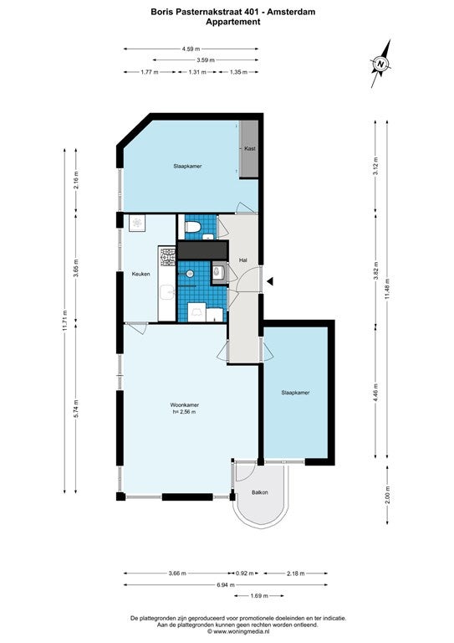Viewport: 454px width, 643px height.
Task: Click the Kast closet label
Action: click(250, 148)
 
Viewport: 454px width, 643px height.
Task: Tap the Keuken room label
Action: click(140, 274)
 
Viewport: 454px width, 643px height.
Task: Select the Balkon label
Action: click(260, 492)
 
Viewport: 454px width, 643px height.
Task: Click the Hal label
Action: click(243, 260)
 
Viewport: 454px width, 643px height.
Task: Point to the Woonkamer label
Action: click(185, 405)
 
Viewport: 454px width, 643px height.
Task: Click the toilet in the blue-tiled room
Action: click(192, 226)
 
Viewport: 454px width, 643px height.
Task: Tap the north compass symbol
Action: click(381, 64)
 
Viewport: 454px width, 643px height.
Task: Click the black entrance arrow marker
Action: click(270, 281)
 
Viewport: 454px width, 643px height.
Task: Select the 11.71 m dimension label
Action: click(64, 321)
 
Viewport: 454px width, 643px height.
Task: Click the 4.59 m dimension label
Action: click(191, 49)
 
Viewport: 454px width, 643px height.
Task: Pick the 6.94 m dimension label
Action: click(226, 584)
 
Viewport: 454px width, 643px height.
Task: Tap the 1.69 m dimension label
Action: click(258, 596)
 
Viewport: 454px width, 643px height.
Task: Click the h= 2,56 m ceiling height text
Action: click(184, 412)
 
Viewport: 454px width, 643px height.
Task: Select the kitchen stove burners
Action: click(167, 256)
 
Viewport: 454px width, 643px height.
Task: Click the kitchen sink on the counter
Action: click(167, 293)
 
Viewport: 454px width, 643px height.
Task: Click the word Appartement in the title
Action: click(233, 22)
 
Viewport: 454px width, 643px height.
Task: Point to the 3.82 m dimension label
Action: click(375, 270)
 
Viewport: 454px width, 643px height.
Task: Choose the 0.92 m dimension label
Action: click(245, 574)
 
